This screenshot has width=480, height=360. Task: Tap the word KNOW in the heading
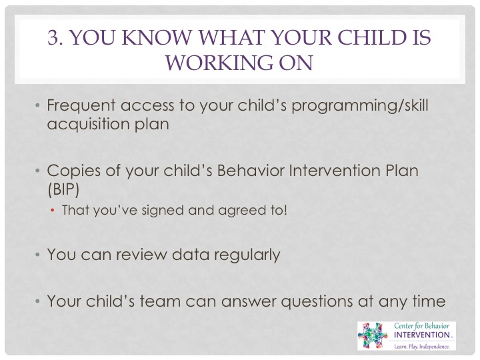click(157, 37)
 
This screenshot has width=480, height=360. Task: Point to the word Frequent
click(81, 105)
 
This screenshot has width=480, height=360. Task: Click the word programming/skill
click(360, 105)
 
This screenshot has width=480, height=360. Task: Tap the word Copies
click(73, 171)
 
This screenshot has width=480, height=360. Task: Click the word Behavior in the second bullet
click(251, 171)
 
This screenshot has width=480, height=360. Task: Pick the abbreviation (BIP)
click(63, 189)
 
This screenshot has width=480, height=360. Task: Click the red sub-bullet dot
click(53, 210)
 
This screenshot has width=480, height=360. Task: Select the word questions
click(317, 301)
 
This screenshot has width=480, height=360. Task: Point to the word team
click(160, 301)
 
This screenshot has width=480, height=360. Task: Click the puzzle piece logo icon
click(373, 335)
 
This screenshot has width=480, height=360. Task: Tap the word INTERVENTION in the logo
click(421, 335)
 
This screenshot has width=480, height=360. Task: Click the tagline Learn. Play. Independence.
click(422, 347)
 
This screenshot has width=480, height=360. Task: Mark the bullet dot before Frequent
click(37, 106)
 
